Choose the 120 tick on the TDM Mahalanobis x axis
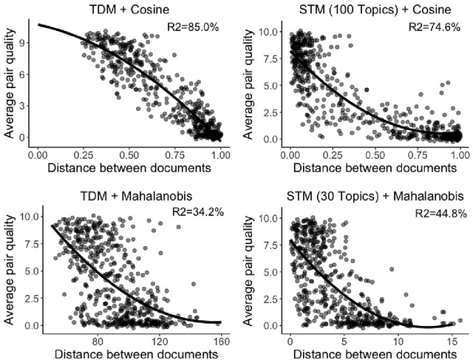[x=160, y=339]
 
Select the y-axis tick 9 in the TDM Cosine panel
[x=25, y=42]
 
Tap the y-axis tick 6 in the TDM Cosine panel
[x=25, y=74]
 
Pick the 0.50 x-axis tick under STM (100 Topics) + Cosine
[x=375, y=157]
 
